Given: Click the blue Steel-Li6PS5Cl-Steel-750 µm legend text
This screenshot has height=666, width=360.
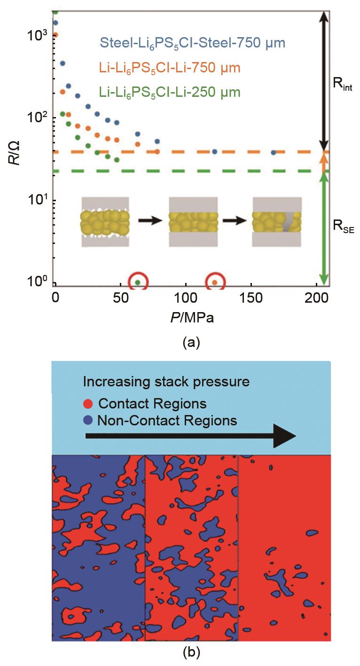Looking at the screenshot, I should coord(193,44).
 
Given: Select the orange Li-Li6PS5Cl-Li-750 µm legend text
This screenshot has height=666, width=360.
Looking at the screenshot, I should coord(170,68).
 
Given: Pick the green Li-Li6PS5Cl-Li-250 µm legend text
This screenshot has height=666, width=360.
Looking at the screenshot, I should coord(170,92).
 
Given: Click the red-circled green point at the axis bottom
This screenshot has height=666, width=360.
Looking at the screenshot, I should coord(138,282).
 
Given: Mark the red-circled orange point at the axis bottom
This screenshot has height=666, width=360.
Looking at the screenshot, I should coord(215,282).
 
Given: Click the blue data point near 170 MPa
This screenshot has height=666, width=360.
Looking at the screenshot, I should coord(273,153).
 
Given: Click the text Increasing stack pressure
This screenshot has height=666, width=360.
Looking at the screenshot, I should coord(166,382).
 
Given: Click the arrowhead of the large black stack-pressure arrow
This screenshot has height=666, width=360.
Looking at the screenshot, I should coord(285,436).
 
